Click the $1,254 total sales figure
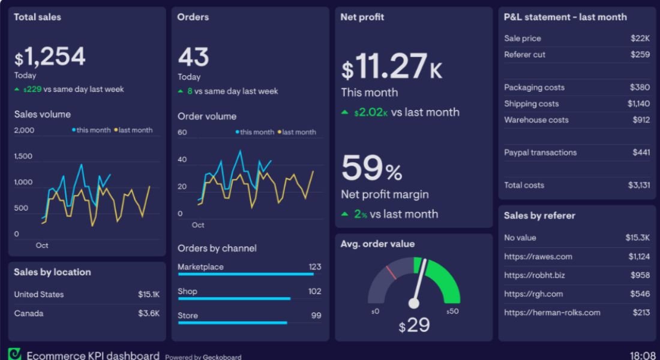click(50, 57)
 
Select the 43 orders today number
click(193, 58)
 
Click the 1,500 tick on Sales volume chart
click(23, 156)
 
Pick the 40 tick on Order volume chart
click(182, 160)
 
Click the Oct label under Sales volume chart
click(42, 245)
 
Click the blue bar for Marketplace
click(245, 274)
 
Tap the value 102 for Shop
click(314, 291)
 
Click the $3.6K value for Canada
click(149, 313)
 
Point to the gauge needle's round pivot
click(413, 303)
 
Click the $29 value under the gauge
click(414, 325)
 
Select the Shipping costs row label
click(531, 104)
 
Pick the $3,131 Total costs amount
click(638, 185)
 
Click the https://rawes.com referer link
click(538, 257)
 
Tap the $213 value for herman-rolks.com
click(641, 312)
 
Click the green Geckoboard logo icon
click(14, 354)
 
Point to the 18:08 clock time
click(642, 355)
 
